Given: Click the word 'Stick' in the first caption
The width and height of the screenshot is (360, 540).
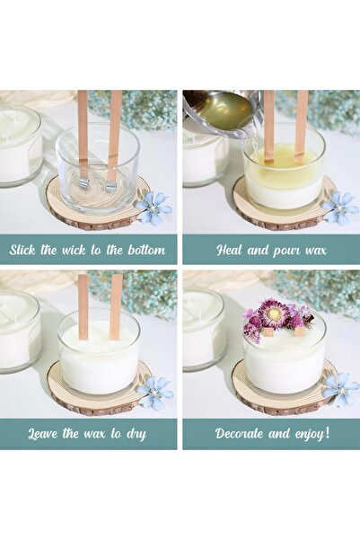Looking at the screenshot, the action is tap(22, 250).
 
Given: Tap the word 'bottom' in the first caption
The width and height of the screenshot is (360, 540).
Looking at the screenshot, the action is tap(146, 250).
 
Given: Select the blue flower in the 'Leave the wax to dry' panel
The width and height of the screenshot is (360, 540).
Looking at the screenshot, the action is tap(155, 393).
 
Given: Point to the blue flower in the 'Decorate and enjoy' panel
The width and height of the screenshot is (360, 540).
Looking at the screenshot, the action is tap(341, 390).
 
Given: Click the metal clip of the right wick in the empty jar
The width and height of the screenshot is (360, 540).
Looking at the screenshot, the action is tap(111, 186).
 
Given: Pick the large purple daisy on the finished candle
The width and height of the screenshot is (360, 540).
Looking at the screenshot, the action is tap(273, 313).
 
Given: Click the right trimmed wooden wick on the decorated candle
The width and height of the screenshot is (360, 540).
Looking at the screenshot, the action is tap(300, 332).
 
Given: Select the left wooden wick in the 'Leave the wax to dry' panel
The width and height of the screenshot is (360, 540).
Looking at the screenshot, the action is tap(83, 306).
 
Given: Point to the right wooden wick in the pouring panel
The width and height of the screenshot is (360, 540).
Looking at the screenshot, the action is tap(302, 126).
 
